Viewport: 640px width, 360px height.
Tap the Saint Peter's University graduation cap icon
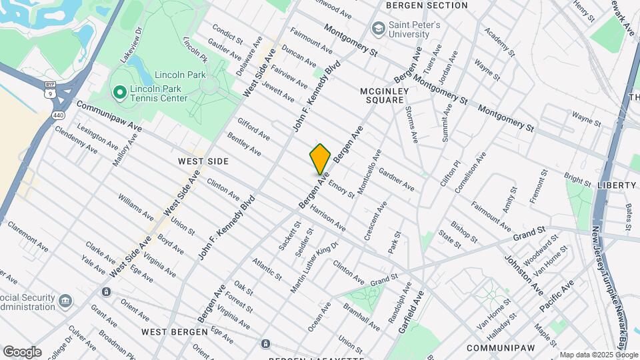point(379,29)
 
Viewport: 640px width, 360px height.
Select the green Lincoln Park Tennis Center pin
point(119,91)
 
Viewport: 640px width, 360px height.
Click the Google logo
point(22,352)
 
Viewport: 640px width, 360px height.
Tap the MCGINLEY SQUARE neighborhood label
point(382,95)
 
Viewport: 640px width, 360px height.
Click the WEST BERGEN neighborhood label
point(167,331)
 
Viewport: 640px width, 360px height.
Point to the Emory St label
point(341,187)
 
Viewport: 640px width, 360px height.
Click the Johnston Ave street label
point(523,275)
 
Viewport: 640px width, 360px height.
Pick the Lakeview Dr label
point(131,45)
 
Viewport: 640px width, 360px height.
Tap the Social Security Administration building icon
point(65,301)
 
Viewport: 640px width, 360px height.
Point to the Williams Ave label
point(135,207)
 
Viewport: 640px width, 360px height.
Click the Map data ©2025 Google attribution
point(599,355)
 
